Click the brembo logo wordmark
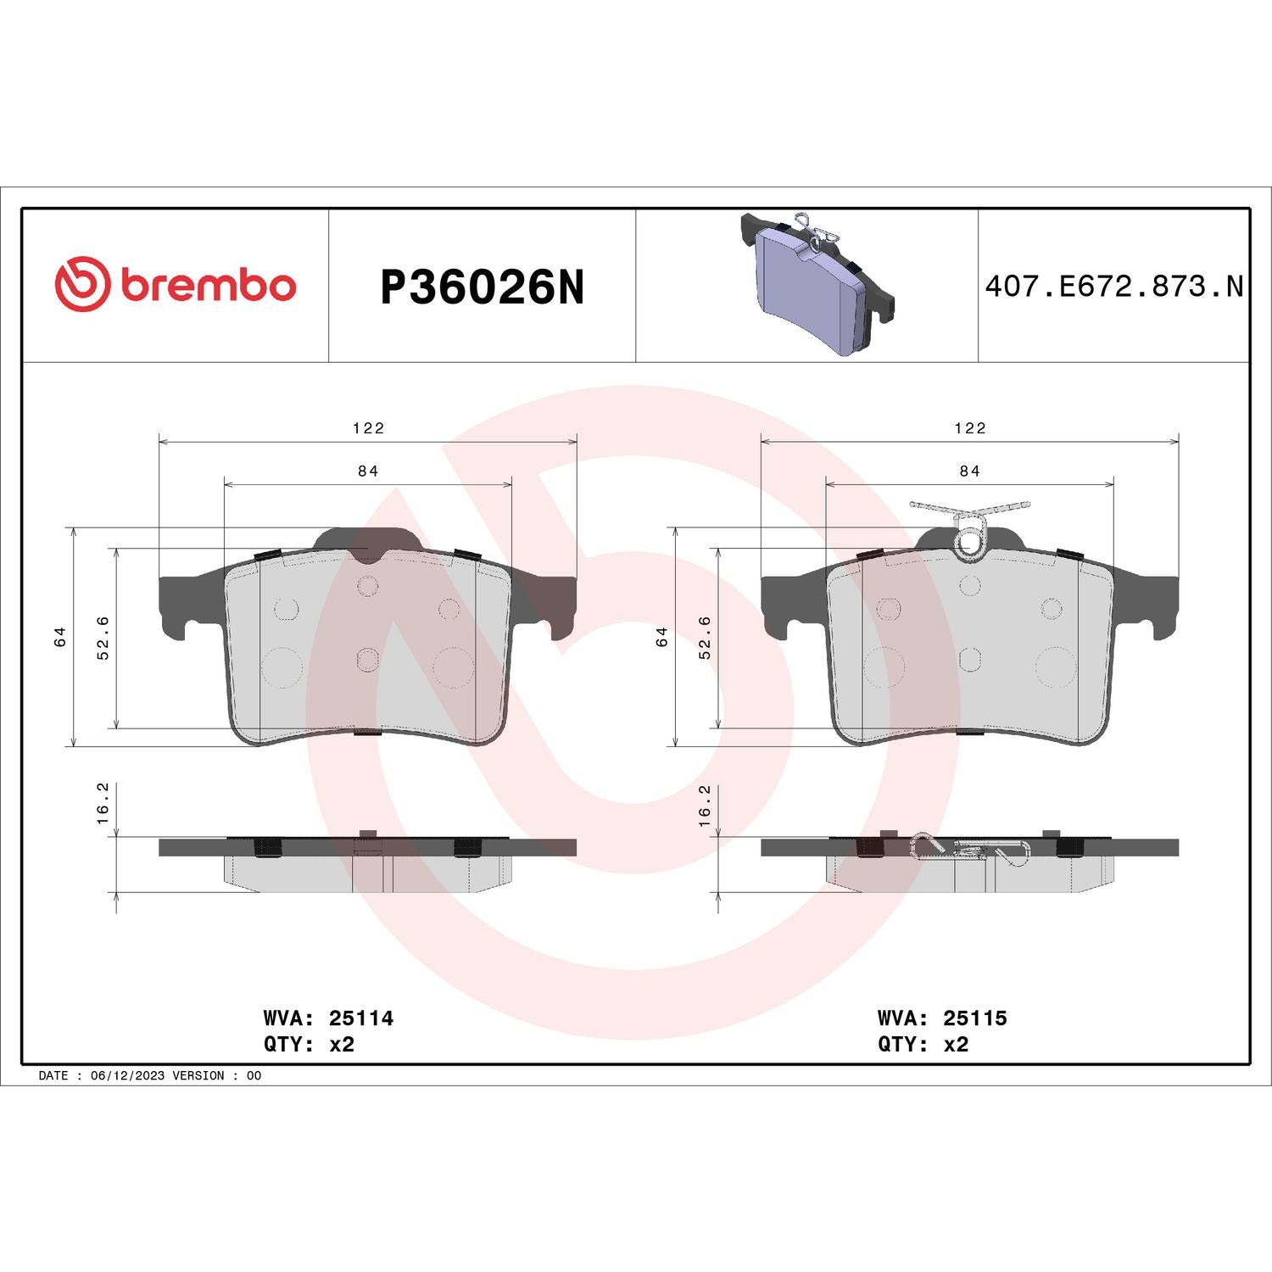click(x=208, y=285)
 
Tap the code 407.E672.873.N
click(x=1113, y=287)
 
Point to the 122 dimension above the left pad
click(x=368, y=428)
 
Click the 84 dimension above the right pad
click(x=969, y=471)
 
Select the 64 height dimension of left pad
click(x=60, y=637)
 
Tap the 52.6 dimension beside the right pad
click(x=705, y=637)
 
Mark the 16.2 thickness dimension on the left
click(x=103, y=803)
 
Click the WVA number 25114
click(x=361, y=1018)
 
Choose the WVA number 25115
click(x=975, y=1018)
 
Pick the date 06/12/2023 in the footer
click(x=127, y=1075)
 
